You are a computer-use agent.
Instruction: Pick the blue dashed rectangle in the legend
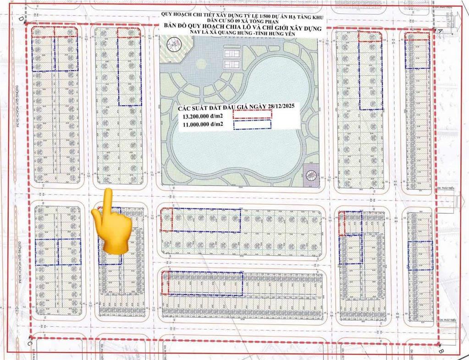(x=253, y=124)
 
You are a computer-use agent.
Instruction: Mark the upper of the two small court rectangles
(x=229, y=51)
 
